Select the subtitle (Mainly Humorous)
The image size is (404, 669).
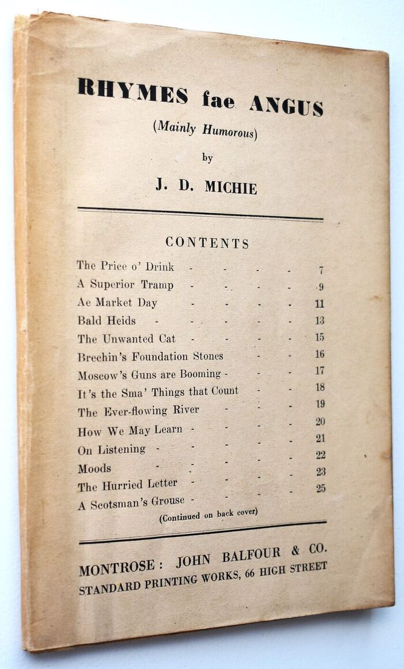[204, 130]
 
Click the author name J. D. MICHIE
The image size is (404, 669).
[206, 186]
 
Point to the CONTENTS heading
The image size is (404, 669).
[207, 243]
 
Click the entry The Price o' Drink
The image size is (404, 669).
[125, 266]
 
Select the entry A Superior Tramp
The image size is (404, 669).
[125, 285]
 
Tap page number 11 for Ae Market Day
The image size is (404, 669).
[319, 304]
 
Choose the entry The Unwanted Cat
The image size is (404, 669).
[126, 339]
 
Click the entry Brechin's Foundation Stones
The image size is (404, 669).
[151, 356]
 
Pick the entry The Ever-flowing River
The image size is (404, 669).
[139, 411]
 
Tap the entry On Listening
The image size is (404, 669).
[111, 449]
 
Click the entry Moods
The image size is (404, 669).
[95, 468]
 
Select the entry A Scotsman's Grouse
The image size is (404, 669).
[131, 503]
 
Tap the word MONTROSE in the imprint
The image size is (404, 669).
[117, 569]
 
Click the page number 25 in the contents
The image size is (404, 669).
[320, 488]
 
